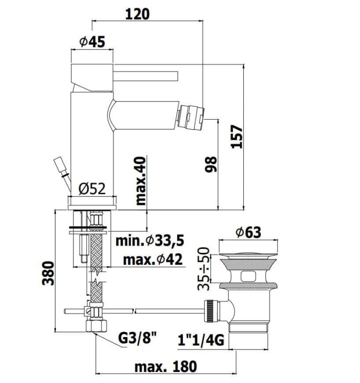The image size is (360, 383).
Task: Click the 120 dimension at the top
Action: [137, 14]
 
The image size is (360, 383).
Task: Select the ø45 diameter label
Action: [92, 42]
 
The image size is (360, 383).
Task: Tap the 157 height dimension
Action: [236, 136]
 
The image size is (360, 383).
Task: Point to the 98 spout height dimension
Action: [211, 164]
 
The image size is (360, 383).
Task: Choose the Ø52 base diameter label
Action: [92, 188]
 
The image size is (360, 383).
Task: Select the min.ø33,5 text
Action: [150, 241]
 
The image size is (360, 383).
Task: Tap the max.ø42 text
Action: [153, 259]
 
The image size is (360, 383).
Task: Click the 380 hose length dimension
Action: [47, 273]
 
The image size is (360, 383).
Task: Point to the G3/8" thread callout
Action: [137, 338]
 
